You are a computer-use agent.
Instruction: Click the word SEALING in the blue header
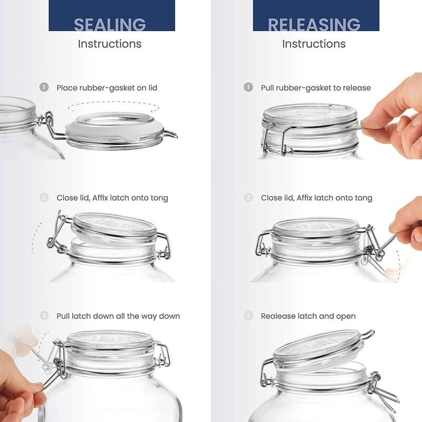pyautogui.click(x=110, y=24)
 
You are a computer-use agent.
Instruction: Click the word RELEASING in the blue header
pyautogui.click(x=314, y=24)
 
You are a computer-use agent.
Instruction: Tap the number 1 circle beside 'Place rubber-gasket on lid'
pyautogui.click(x=44, y=87)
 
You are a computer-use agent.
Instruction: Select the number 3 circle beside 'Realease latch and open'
pyautogui.click(x=248, y=315)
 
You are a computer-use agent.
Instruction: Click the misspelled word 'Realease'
pyautogui.click(x=277, y=316)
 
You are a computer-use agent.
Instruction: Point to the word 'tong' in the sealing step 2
pyautogui.click(x=158, y=198)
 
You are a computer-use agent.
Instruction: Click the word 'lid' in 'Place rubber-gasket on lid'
pyautogui.click(x=152, y=88)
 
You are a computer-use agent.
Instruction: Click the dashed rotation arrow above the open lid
pyautogui.click(x=113, y=107)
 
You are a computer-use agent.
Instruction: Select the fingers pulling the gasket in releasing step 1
pyautogui.click(x=393, y=119)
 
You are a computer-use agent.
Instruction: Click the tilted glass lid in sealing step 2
pyautogui.click(x=113, y=224)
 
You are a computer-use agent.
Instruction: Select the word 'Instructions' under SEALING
pyautogui.click(x=110, y=44)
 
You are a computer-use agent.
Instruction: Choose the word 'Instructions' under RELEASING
pyautogui.click(x=314, y=44)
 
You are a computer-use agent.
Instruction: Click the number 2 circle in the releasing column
pyautogui.click(x=248, y=197)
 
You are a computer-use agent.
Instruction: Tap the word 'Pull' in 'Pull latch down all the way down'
pyautogui.click(x=64, y=316)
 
